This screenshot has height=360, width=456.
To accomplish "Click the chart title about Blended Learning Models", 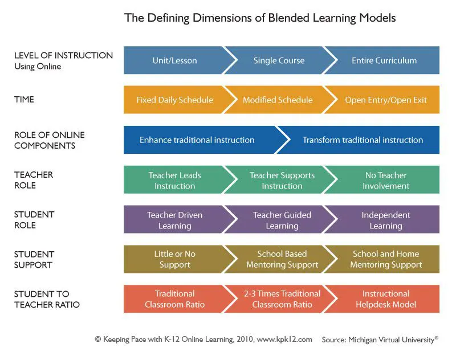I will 260,18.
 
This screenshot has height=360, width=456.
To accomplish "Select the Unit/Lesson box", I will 174,60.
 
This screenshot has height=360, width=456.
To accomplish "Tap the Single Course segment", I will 279,60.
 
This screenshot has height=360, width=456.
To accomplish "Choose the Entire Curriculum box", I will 384,60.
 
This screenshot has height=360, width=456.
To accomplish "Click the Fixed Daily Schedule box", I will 174,100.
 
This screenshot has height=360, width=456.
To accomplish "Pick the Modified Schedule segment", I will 278,100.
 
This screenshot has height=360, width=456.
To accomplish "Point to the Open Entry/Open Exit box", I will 386,100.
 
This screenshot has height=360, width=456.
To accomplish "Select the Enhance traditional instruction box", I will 197,140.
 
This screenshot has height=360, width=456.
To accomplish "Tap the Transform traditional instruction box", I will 363,140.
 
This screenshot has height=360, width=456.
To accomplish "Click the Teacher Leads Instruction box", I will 174,181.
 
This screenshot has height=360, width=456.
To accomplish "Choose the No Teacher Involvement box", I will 386,181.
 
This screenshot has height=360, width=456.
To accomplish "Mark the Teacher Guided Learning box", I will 282,220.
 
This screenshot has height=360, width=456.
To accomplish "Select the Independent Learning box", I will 386,220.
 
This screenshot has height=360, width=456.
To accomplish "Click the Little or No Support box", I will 174,260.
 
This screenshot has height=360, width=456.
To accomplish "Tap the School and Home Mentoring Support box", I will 386,260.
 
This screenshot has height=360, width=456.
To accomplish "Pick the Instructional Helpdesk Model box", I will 386,299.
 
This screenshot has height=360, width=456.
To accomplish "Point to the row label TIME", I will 25,100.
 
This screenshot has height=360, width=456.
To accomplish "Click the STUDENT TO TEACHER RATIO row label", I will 47,299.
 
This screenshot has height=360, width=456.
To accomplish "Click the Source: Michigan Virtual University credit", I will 380,339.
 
